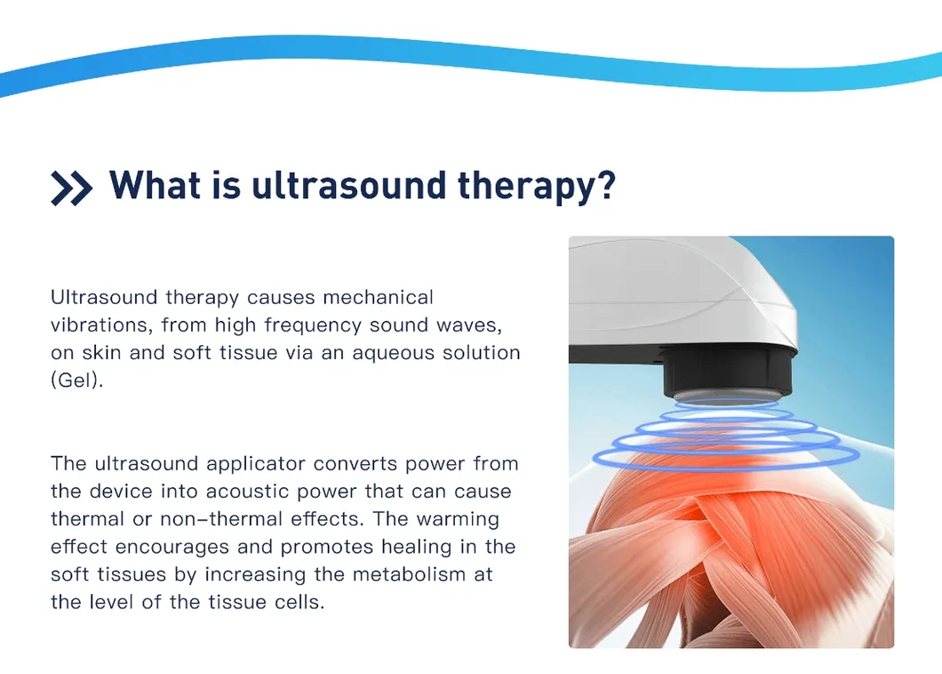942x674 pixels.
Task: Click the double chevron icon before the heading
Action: pyautogui.click(x=71, y=188)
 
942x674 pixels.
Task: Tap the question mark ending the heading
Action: pyautogui.click(x=603, y=185)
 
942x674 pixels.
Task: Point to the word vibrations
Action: pyautogui.click(x=99, y=325)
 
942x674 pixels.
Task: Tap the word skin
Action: pyautogui.click(x=104, y=352)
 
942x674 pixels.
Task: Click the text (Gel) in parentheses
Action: pyautogui.click(x=76, y=380)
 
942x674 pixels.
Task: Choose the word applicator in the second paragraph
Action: pyautogui.click(x=255, y=464)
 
